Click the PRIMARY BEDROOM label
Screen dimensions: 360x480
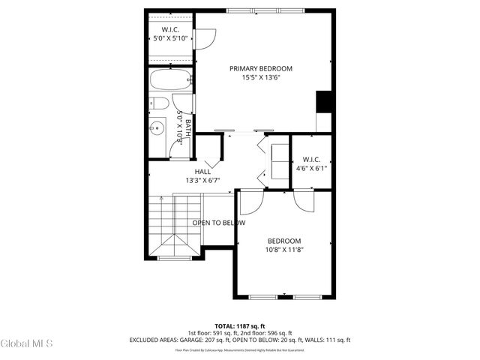click(x=261, y=68)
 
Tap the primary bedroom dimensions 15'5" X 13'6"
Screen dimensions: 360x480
click(x=261, y=78)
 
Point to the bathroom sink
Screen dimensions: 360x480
click(x=157, y=127)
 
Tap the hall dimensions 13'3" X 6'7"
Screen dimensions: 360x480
click(x=202, y=180)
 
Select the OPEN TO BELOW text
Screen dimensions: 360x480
click(x=218, y=223)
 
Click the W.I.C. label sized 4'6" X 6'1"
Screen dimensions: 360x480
click(x=312, y=159)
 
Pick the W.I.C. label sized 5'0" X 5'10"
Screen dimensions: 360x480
click(x=170, y=29)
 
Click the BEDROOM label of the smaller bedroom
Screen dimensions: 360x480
click(x=284, y=241)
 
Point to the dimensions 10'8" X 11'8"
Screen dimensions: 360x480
click(x=284, y=250)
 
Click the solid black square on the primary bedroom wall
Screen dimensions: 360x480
click(x=324, y=101)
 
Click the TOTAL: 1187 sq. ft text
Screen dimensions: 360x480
click(x=240, y=326)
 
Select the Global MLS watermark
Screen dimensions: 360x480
click(x=26, y=343)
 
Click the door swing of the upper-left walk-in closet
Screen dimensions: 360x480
click(x=205, y=37)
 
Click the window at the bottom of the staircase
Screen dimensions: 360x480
click(x=175, y=259)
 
